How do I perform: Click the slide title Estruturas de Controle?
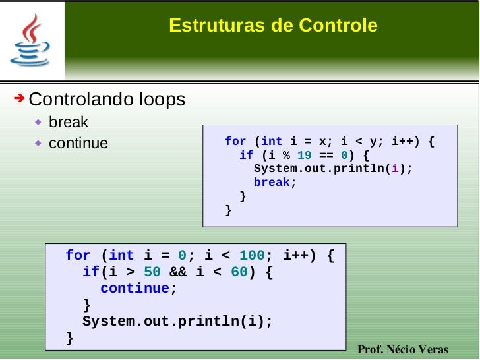273,26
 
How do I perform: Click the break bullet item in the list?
68,123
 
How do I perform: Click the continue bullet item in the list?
78,143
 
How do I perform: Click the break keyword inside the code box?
272,183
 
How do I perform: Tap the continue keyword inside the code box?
135,288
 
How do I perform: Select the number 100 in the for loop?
251,255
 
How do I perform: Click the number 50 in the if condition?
152,272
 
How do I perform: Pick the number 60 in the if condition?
239,272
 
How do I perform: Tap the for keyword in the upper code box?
235,142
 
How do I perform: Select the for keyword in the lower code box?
78,255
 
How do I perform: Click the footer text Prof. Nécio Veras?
402,349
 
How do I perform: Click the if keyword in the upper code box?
246,156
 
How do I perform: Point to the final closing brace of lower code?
70,338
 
